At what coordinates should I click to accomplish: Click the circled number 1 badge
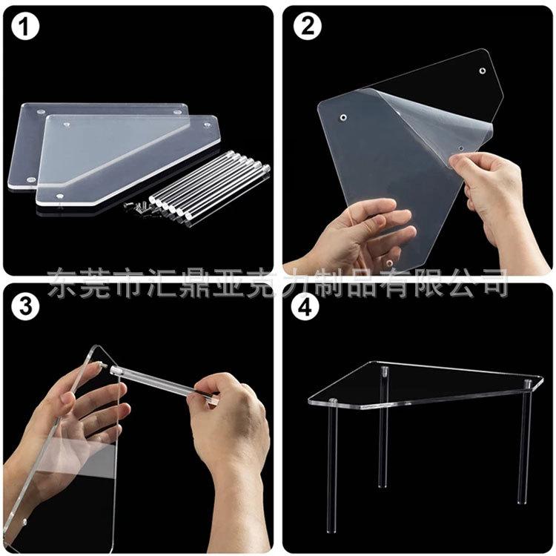(24, 25)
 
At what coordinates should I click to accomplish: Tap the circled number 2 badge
(307, 25)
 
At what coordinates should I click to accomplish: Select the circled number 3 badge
(24, 306)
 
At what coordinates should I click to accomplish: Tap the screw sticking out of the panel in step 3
(103, 364)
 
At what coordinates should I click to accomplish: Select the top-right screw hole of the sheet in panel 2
(483, 71)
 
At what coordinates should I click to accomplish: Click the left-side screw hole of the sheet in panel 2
(343, 117)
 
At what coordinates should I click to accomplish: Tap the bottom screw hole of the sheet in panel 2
(390, 263)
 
